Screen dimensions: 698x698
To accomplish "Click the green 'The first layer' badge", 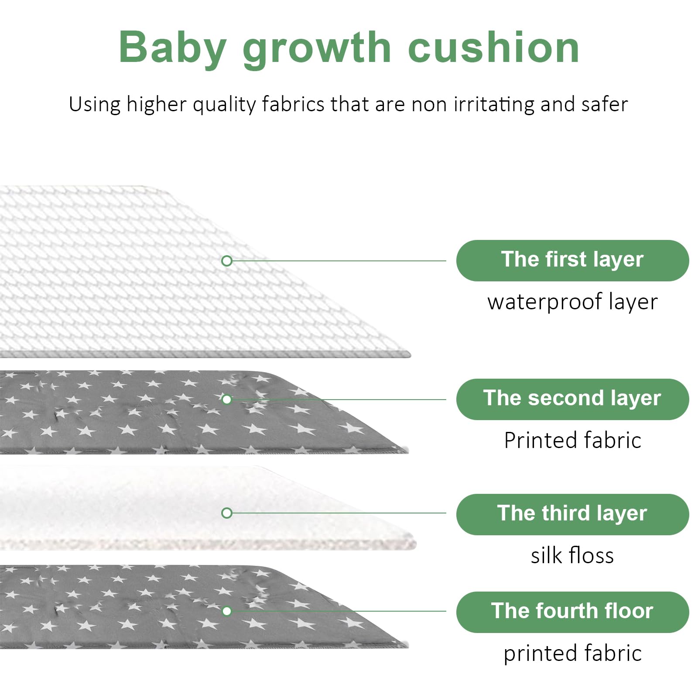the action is tap(572, 260).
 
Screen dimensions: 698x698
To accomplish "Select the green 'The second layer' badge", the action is tap(572, 399).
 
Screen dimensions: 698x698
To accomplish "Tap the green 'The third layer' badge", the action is tap(572, 514).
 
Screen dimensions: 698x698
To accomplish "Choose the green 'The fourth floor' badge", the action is tap(572, 612).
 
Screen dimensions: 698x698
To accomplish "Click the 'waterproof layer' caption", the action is tap(572, 302).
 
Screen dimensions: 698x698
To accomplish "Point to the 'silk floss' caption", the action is tap(572, 555).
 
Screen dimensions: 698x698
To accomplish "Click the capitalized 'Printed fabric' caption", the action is tap(572, 440).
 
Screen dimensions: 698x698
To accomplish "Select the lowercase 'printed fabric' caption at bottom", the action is tap(572, 654).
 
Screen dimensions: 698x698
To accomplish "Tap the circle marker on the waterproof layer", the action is tap(227, 261).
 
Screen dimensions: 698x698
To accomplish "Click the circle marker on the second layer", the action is tap(227, 399).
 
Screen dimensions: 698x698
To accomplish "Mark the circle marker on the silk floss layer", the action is tap(227, 513).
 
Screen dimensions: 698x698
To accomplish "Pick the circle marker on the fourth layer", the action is tap(227, 611).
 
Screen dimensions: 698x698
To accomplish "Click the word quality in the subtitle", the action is tap(224, 105).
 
